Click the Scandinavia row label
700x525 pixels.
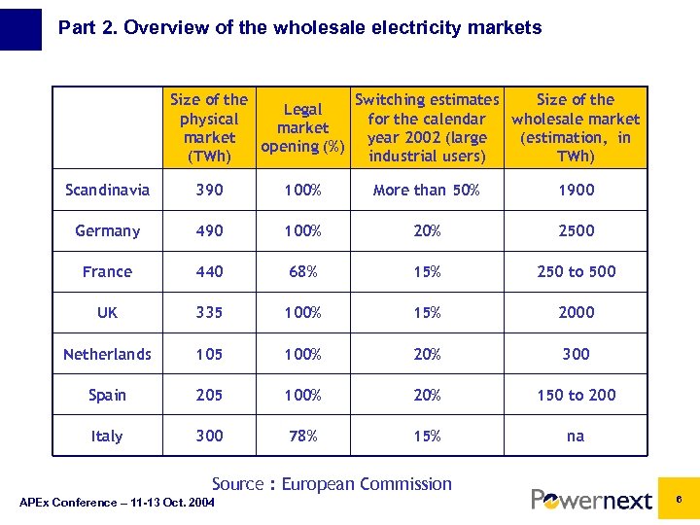click(107, 190)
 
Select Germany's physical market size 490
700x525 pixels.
click(209, 230)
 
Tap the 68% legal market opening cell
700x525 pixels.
click(302, 271)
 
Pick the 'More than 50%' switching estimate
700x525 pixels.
click(427, 190)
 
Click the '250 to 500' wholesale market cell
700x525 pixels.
click(576, 271)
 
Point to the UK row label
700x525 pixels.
click(107, 312)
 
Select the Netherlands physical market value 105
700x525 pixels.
click(209, 354)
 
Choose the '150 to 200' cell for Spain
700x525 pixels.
click(576, 395)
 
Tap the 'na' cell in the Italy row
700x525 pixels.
click(576, 436)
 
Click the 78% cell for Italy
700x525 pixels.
click(302, 436)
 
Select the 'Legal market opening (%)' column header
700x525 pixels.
click(302, 127)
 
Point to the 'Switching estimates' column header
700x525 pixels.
click(427, 127)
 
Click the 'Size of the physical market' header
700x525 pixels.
click(209, 127)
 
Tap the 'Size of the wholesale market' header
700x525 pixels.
click(576, 127)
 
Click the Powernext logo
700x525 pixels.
click(591, 500)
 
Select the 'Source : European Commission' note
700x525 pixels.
click(332, 483)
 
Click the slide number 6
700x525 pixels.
click(680, 499)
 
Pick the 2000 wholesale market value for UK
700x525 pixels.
click(576, 312)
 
